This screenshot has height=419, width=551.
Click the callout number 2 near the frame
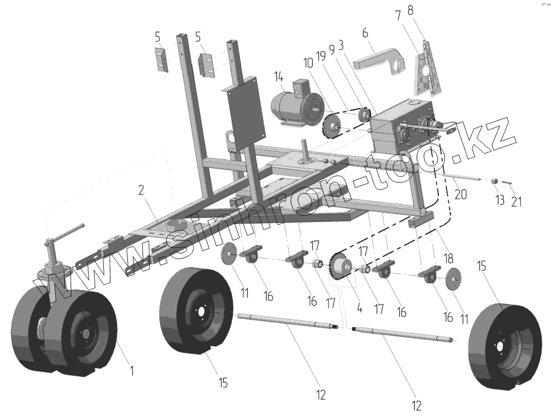(x=141, y=190)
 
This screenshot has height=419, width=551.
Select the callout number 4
(x=359, y=309)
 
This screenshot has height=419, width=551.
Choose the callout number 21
(x=517, y=201)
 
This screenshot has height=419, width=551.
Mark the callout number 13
(x=499, y=200)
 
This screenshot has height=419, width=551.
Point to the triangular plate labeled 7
(x=425, y=71)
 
